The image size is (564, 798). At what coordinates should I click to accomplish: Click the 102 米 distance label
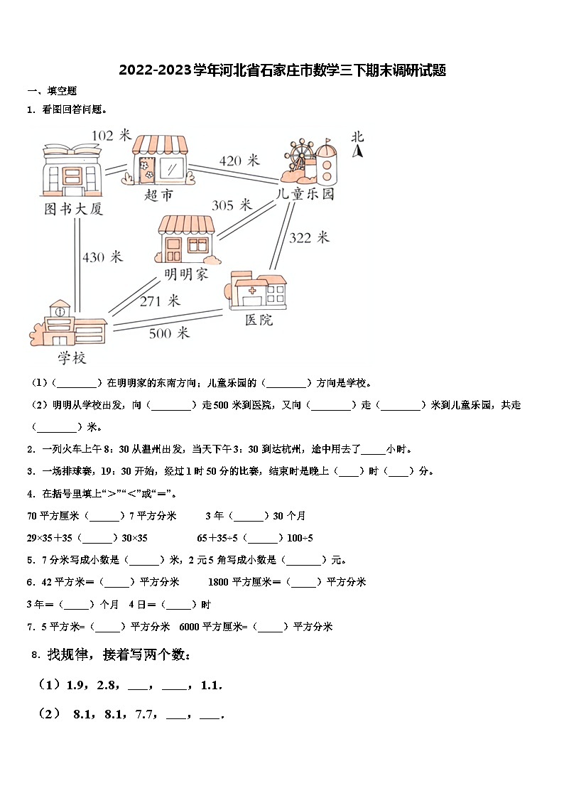(112, 135)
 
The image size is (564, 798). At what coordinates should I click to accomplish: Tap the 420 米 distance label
(239, 161)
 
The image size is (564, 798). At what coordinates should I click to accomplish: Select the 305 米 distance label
(232, 205)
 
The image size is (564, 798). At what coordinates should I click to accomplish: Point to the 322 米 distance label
(309, 237)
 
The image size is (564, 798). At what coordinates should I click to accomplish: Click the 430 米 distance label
(103, 257)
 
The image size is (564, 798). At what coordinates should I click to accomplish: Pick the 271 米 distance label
(160, 301)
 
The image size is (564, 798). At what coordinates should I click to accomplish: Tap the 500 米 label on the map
(168, 333)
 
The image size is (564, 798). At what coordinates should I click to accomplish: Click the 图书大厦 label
(74, 209)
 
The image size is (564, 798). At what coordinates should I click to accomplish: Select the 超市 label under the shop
(158, 195)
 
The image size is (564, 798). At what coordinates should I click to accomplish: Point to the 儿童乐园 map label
(305, 194)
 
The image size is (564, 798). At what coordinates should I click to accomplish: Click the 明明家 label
(187, 274)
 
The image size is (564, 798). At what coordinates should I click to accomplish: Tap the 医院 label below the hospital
(259, 320)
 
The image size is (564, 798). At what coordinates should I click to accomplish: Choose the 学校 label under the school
(72, 358)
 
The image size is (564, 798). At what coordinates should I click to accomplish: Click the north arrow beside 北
(359, 151)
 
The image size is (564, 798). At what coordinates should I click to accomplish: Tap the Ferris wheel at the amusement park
(298, 153)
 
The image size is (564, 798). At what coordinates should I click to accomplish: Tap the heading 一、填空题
(52, 91)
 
